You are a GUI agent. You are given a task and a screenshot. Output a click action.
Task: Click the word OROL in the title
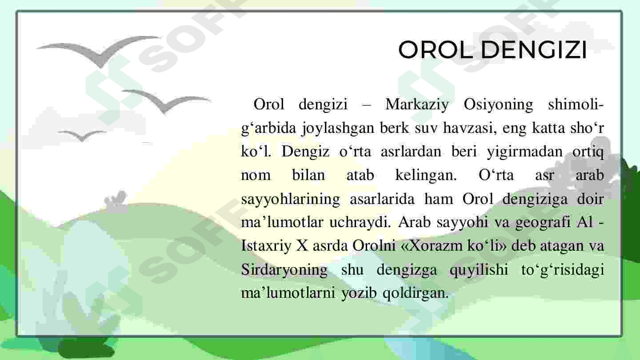tap(436, 50)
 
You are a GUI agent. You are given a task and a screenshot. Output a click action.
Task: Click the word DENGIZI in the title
tap(534, 50)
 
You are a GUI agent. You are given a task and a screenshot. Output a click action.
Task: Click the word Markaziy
tap(417, 105)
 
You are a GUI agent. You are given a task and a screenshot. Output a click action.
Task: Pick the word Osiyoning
tap(498, 105)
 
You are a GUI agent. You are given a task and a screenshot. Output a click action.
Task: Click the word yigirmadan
tap(524, 152)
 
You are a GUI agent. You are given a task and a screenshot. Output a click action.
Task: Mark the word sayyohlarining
tap(291, 199)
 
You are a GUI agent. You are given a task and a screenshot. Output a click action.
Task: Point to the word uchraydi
tap(360, 223)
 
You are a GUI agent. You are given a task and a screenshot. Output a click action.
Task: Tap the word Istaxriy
tap(266, 246)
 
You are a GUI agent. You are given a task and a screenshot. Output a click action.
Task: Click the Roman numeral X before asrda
tap(302, 246)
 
